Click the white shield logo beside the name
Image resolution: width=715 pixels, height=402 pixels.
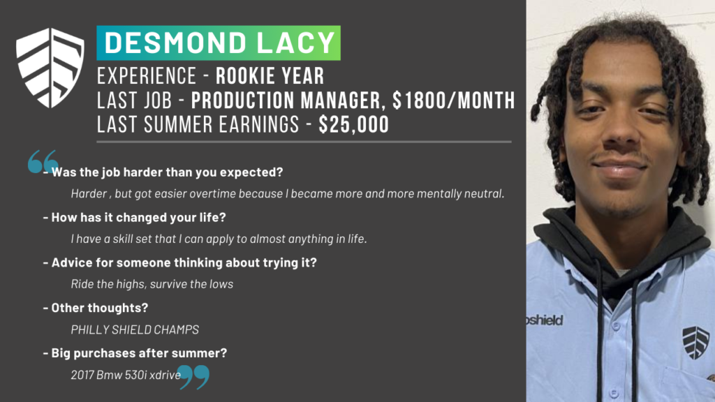pyautogui.click(x=50, y=68)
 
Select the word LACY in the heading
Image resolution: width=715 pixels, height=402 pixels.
pyautogui.click(x=296, y=43)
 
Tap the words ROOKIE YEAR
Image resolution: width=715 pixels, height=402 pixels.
pyautogui.click(x=270, y=76)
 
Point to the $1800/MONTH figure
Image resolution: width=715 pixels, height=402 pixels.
pyautogui.click(x=454, y=100)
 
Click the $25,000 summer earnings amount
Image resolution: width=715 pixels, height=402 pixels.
pyautogui.click(x=354, y=124)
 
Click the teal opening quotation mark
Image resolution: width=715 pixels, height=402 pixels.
pyautogui.click(x=43, y=161)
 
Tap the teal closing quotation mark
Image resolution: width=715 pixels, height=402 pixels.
pyautogui.click(x=193, y=376)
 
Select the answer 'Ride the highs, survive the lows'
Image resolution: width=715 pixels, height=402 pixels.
pyautogui.click(x=152, y=284)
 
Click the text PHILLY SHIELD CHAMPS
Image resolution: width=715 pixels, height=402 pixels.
pyautogui.click(x=135, y=329)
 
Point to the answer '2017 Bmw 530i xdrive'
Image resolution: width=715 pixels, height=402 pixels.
pyautogui.click(x=126, y=375)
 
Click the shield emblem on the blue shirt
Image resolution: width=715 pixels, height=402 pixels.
pyautogui.click(x=696, y=342)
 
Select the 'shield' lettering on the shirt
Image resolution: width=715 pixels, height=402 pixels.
pyautogui.click(x=545, y=320)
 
